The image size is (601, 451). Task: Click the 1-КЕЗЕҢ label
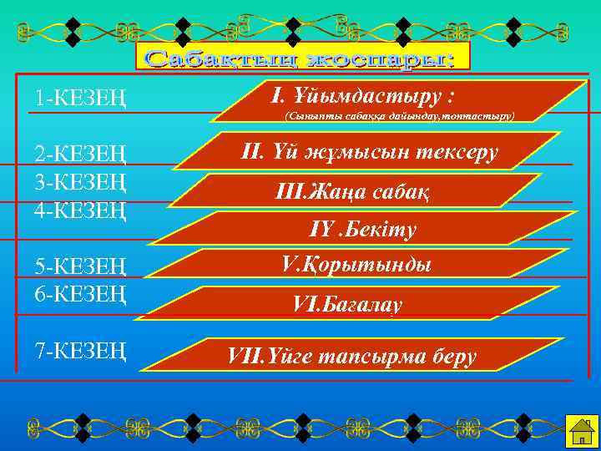point(80,98)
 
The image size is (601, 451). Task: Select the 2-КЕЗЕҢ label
point(80,155)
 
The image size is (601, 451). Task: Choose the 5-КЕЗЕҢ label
point(80,268)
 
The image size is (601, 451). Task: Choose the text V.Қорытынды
point(356,266)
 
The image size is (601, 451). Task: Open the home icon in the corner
point(578,431)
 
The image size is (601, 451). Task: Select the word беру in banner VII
point(455,357)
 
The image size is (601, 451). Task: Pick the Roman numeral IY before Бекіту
point(321,228)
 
